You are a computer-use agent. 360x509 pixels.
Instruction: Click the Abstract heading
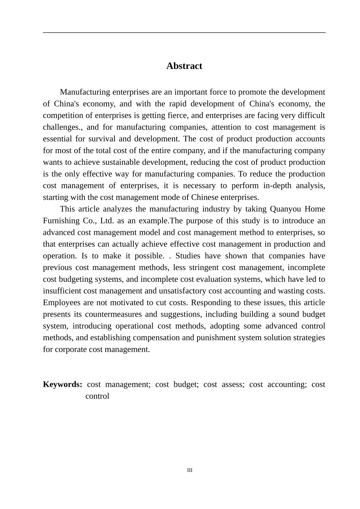click(x=184, y=66)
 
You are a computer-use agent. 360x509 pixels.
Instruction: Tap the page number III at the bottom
click(x=189, y=470)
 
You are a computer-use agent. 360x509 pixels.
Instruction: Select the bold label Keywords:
click(x=63, y=384)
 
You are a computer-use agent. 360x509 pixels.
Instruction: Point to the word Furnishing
click(x=61, y=221)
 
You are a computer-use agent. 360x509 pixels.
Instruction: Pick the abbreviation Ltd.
click(x=107, y=221)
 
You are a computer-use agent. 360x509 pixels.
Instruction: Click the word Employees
click(x=61, y=303)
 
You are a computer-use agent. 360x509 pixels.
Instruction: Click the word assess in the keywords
click(x=223, y=384)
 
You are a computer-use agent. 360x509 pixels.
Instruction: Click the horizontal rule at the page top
click(x=184, y=33)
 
